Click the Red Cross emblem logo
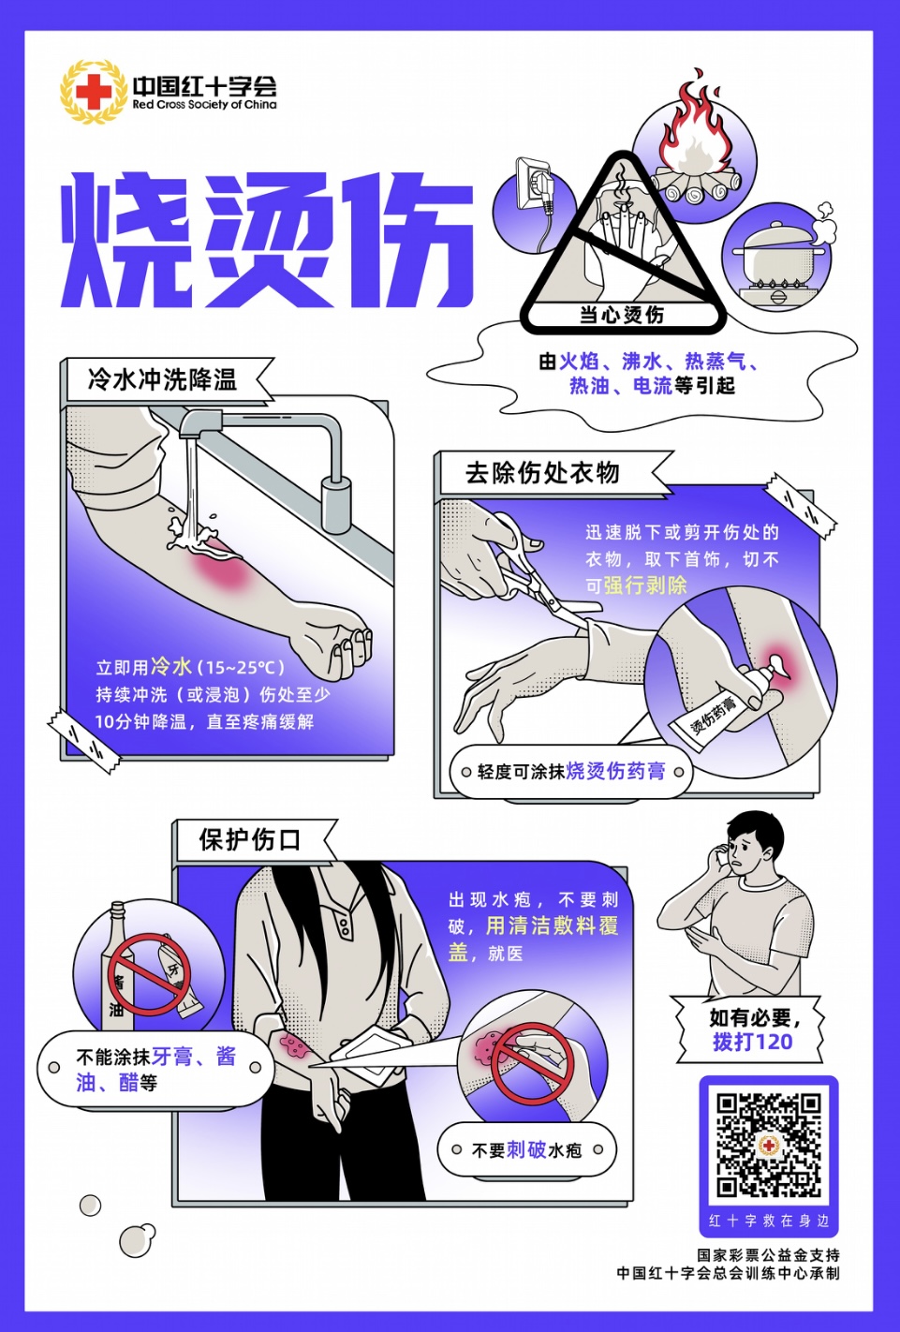point(93,92)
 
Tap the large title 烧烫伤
point(267,240)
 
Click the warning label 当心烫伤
point(622,316)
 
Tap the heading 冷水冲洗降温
point(162,379)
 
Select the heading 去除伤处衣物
point(542,473)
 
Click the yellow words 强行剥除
point(645,585)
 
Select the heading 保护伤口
point(249,839)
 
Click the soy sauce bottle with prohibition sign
point(120,969)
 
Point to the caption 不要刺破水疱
point(526,1149)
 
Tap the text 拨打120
point(752,1042)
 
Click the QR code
point(768,1145)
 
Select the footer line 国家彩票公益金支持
point(767,1254)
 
